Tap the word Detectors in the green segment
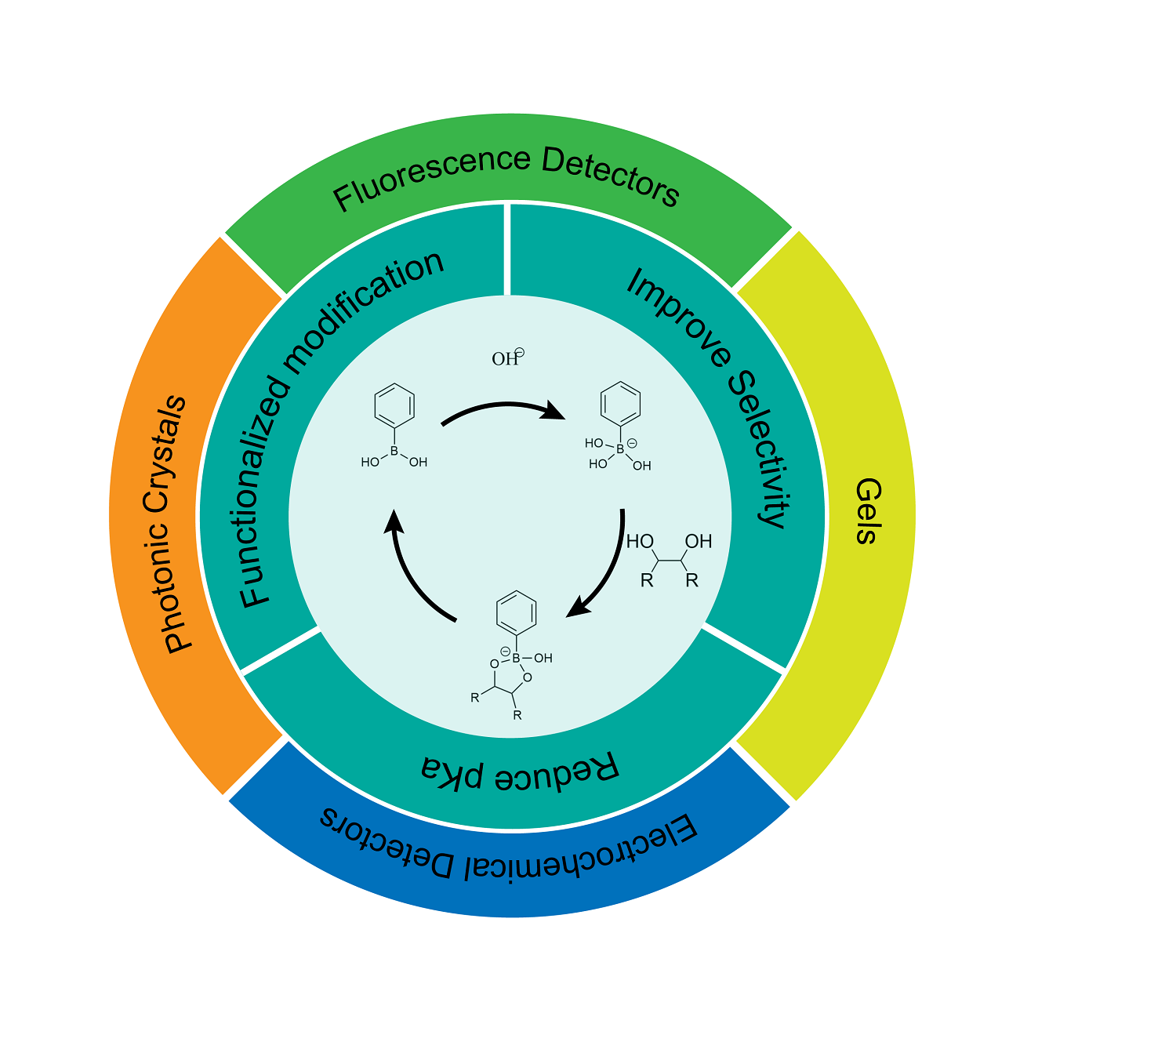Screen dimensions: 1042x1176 tap(612, 177)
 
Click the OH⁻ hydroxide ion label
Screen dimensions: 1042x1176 tap(506, 358)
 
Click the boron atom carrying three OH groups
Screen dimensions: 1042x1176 tap(620, 449)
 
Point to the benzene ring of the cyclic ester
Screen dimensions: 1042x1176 tap(517, 612)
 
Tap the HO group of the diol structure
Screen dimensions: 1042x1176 tap(640, 541)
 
